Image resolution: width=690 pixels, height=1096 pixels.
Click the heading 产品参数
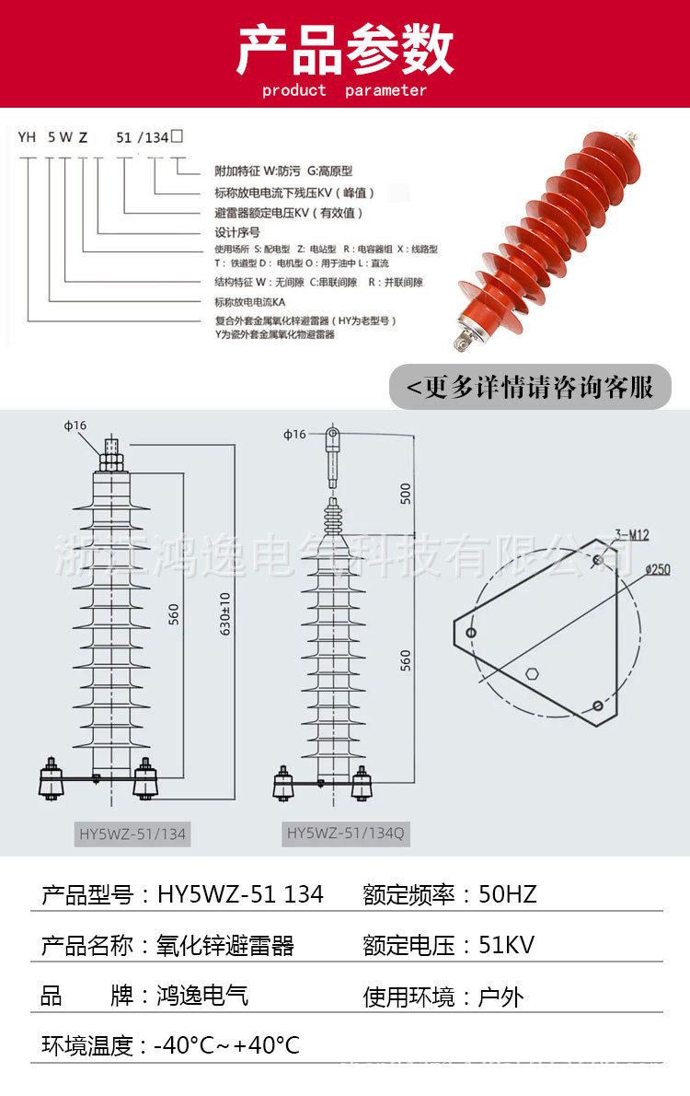click(345, 50)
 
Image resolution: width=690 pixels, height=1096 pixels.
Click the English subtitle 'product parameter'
click(345, 90)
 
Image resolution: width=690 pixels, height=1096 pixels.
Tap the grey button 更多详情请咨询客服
click(531, 387)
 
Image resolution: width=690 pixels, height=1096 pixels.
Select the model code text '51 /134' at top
click(142, 137)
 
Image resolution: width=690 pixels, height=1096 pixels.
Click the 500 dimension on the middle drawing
click(406, 493)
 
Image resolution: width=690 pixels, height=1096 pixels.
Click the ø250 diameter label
click(657, 569)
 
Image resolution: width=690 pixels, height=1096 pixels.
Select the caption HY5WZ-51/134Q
click(345, 834)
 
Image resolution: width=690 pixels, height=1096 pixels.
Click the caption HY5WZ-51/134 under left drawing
click(132, 834)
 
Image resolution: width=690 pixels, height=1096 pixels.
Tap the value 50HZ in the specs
click(508, 894)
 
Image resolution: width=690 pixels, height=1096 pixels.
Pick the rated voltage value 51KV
click(507, 945)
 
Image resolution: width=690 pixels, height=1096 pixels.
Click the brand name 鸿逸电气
click(202, 996)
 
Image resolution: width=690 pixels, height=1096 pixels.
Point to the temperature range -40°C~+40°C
click(226, 1045)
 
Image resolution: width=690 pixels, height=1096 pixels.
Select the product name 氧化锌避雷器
click(226, 945)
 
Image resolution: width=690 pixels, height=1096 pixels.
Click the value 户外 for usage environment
click(501, 996)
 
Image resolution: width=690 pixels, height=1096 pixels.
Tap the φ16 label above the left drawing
click(75, 425)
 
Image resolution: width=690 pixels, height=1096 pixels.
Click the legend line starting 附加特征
click(283, 170)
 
